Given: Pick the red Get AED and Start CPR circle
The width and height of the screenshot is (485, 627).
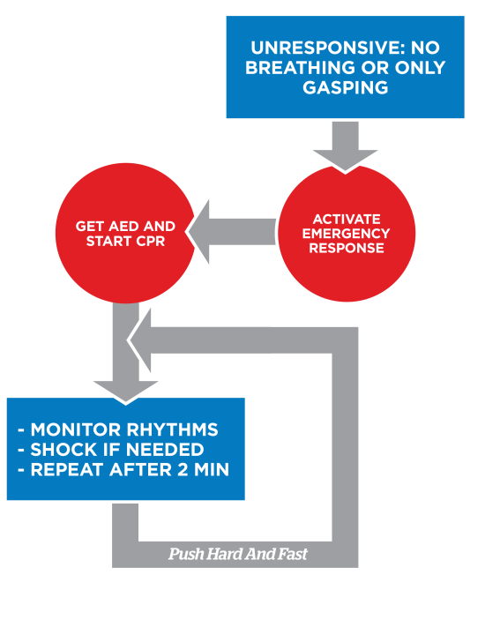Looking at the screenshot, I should [x=124, y=234].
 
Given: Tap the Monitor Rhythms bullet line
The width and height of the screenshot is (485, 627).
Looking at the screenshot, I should [x=118, y=430].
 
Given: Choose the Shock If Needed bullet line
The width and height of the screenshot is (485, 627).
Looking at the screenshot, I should [x=111, y=450].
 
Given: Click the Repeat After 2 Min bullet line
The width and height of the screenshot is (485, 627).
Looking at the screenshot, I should [x=123, y=469].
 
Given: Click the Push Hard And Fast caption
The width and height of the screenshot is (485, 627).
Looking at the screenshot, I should [x=237, y=556].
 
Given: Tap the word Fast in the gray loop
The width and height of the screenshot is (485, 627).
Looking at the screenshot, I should [x=290, y=556].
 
